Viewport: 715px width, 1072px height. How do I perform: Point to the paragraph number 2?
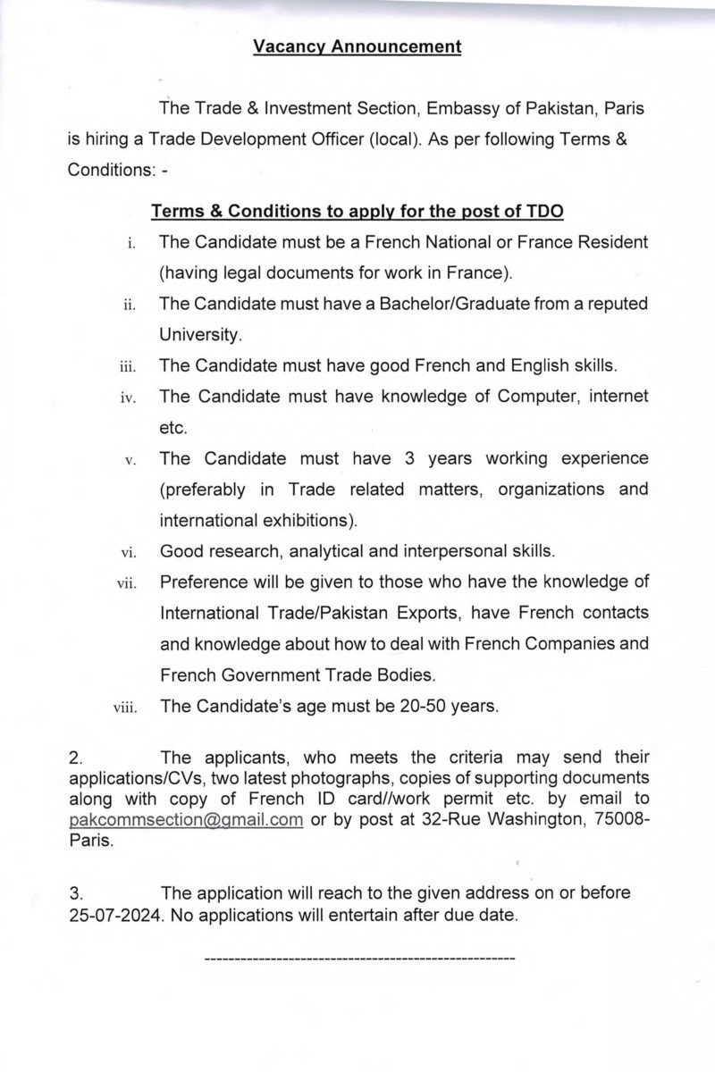[75, 758]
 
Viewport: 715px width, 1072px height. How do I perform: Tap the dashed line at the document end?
[359, 959]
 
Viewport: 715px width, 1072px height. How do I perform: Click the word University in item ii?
[199, 336]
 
